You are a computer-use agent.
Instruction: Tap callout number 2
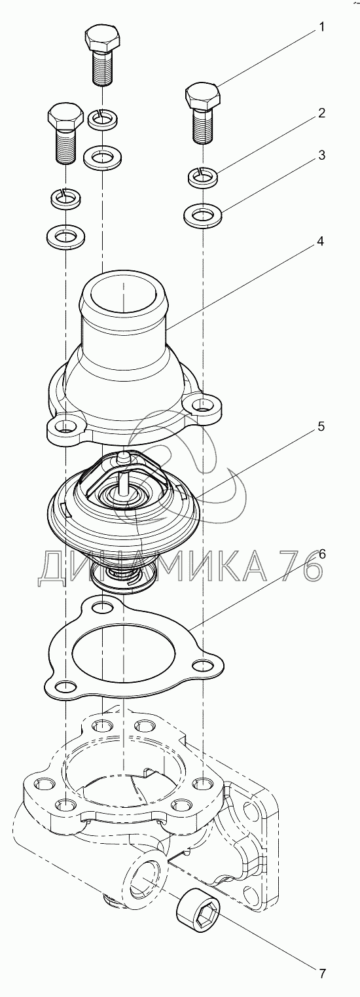coord(321,113)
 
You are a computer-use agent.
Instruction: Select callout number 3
coord(321,155)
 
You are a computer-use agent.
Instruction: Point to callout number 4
coord(321,242)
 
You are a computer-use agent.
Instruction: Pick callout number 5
coord(321,426)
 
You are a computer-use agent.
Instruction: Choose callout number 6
coord(321,554)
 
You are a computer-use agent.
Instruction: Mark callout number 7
coord(321,973)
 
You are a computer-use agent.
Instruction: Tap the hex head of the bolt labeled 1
coord(203,96)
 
